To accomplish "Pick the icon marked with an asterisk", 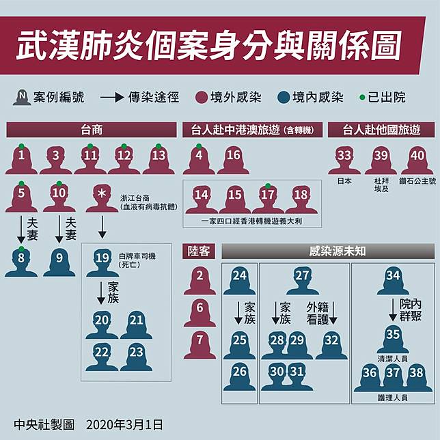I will click(102, 197).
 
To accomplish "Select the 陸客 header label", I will click(200, 251).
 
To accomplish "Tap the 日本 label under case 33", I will click(344, 182).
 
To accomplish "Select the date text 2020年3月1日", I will click(125, 424).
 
